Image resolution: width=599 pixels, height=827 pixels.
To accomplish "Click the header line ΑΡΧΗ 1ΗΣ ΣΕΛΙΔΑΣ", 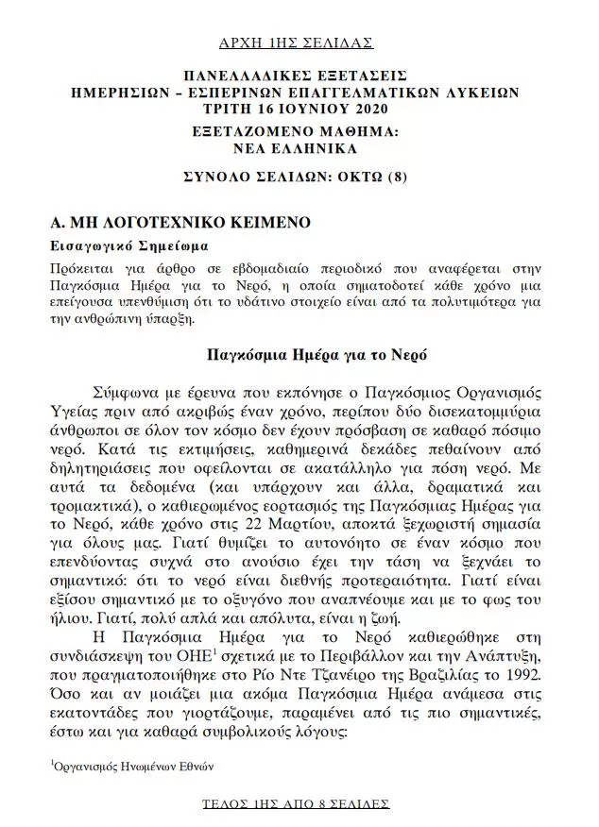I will point(296,42).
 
